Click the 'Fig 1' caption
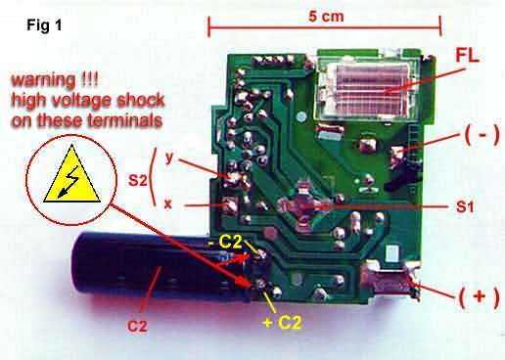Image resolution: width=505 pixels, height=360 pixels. (44, 24)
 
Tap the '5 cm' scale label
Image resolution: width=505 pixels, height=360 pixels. (326, 16)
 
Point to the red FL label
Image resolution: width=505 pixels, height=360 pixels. (467, 56)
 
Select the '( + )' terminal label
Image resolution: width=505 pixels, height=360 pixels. (479, 297)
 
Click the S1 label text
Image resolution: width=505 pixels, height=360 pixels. (465, 206)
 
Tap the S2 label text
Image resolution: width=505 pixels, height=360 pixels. (138, 180)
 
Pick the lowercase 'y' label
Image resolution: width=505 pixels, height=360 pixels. (169, 157)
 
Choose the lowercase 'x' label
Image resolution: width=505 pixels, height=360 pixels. (168, 204)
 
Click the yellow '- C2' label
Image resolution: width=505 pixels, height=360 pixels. (225, 242)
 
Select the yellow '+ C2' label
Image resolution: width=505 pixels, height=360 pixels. (282, 323)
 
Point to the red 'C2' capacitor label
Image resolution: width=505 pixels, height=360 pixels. (137, 326)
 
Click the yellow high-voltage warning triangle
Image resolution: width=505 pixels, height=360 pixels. (71, 175)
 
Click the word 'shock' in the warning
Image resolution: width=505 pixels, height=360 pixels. (140, 100)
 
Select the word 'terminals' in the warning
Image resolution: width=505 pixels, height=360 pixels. (124, 120)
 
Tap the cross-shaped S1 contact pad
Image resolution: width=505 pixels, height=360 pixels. (303, 206)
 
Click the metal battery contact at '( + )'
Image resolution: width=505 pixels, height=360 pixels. (390, 281)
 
